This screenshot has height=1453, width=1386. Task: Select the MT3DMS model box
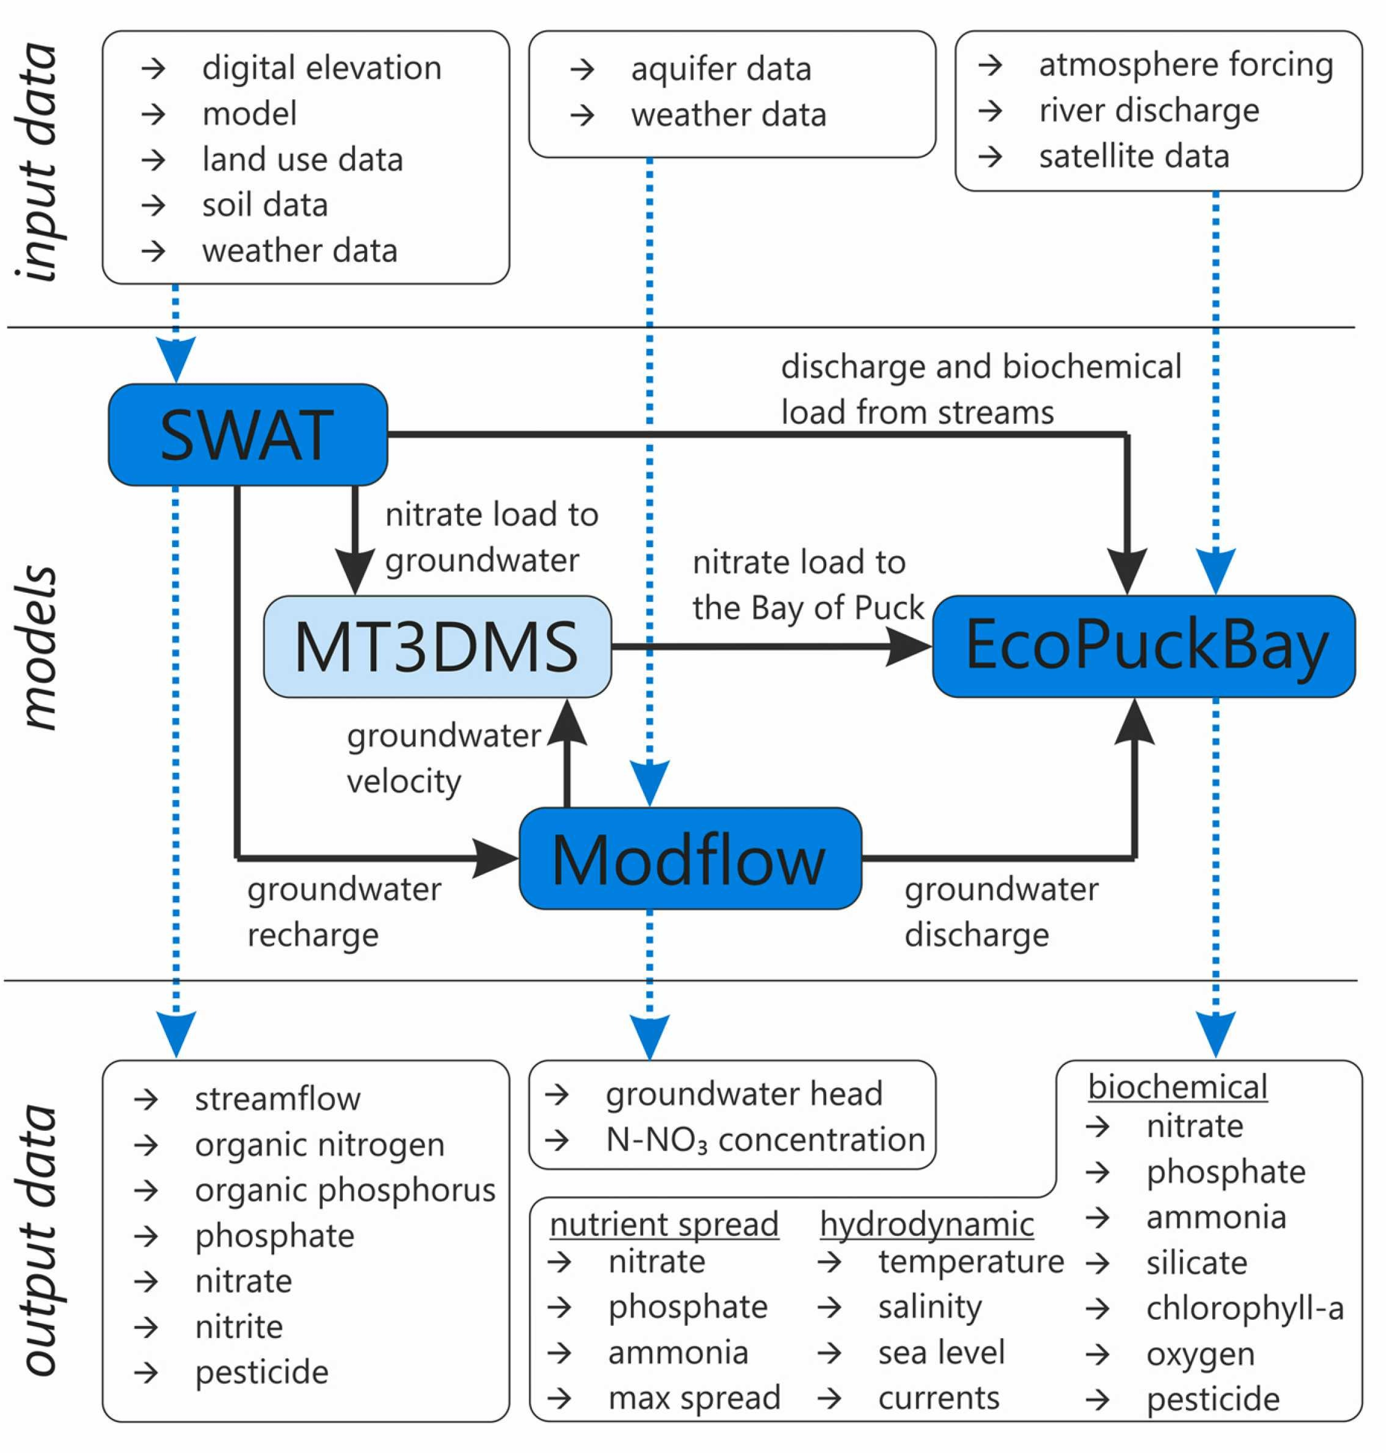[x=436, y=647]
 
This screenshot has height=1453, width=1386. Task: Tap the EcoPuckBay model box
[x=1143, y=647]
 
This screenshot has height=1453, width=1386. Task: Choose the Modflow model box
[x=689, y=858]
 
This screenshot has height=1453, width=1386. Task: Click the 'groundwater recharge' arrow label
[x=343, y=911]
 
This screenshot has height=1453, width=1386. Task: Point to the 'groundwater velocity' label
[x=443, y=758]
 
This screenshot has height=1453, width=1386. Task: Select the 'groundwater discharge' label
[x=1001, y=911]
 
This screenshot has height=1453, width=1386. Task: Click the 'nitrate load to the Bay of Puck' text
[x=807, y=585]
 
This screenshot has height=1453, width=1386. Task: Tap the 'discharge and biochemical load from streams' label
[x=981, y=389]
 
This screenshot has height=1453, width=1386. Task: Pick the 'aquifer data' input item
[x=721, y=69]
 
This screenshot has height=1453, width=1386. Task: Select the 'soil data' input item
[x=264, y=205]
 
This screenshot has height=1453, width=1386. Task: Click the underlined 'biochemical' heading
[x=1177, y=1086]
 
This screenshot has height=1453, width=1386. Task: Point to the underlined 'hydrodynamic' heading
[x=926, y=1224]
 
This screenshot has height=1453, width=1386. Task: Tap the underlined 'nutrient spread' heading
[x=663, y=1224]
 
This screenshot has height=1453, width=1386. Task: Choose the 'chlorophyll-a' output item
[x=1245, y=1308]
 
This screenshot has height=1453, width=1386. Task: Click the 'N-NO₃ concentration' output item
[x=765, y=1140]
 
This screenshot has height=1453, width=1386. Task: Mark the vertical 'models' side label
[x=37, y=648]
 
